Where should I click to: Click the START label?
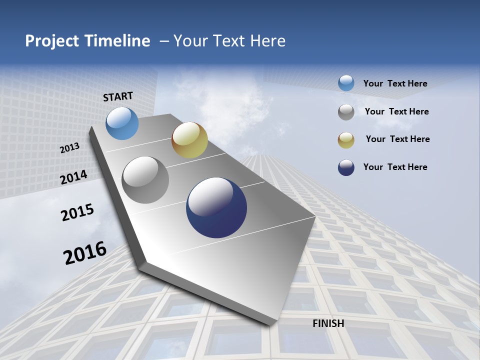coord(118,96)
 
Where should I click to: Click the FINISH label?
coord(328,323)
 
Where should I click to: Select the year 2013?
coord(70,147)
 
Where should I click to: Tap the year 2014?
coord(74,177)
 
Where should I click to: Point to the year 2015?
coord(77,212)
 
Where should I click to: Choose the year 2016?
coord(85,252)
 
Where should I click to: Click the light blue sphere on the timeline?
coord(122,123)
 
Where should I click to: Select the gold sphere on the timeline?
coord(189,140)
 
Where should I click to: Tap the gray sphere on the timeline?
coord(145,180)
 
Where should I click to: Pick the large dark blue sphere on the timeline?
coord(216,207)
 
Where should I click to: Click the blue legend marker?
coord(346,83)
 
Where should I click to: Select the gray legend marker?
coord(346,112)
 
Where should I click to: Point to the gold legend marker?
coord(346,140)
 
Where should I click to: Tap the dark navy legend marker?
coord(346,167)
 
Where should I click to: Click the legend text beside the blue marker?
coord(395,83)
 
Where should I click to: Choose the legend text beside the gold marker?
coord(397,139)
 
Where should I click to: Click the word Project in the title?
coord(51,41)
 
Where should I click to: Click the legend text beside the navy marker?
coord(395,167)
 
